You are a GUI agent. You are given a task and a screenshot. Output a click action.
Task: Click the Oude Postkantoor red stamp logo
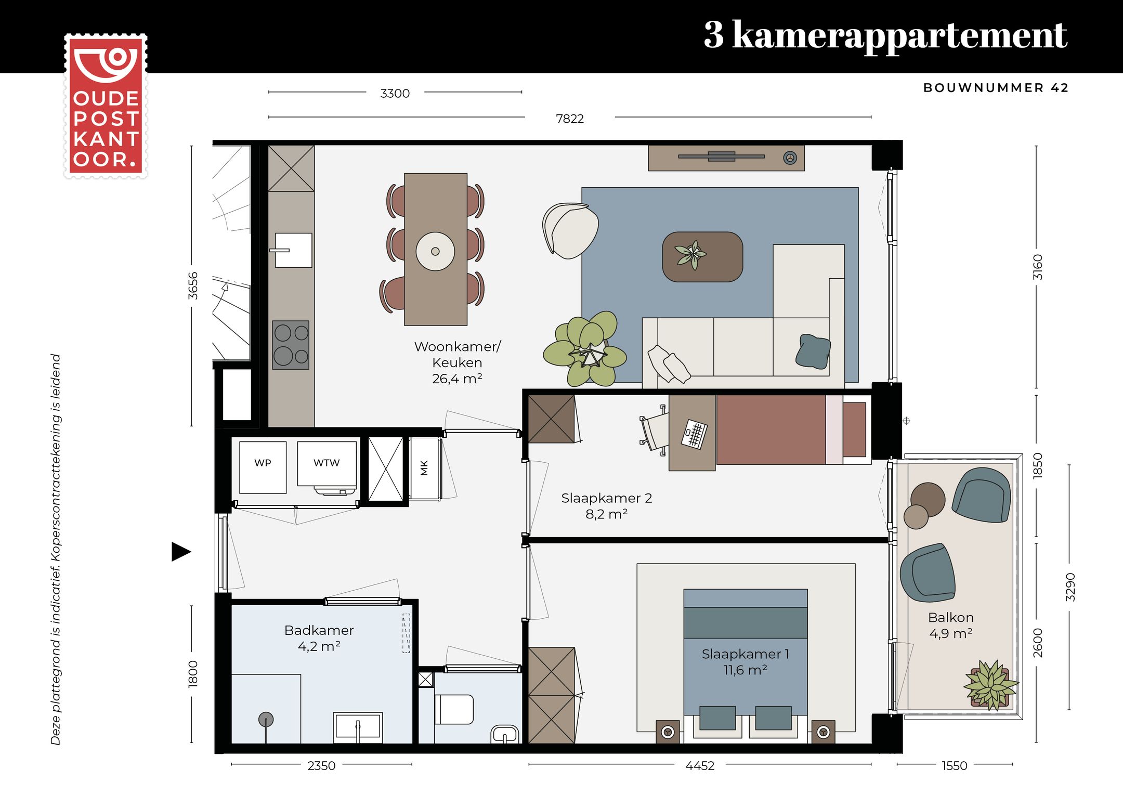pyautogui.click(x=106, y=106)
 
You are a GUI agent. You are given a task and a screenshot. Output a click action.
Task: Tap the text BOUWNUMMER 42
pyautogui.click(x=995, y=88)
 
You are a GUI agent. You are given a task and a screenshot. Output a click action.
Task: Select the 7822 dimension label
pyautogui.click(x=569, y=119)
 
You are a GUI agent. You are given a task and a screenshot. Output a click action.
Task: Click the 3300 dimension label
pyautogui.click(x=395, y=94)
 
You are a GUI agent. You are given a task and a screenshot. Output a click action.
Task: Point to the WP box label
pyautogui.click(x=263, y=463)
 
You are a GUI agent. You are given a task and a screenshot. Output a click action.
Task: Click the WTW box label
pyautogui.click(x=327, y=463)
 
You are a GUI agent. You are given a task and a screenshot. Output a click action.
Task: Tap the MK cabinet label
pyautogui.click(x=424, y=468)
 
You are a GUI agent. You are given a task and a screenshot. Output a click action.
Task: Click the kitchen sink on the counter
pyautogui.click(x=293, y=250)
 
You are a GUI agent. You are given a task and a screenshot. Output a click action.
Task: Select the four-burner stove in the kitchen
pyautogui.click(x=291, y=345)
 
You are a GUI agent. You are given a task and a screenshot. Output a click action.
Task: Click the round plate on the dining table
pyautogui.click(x=435, y=251)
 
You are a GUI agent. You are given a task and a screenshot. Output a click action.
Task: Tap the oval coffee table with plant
pyautogui.click(x=702, y=257)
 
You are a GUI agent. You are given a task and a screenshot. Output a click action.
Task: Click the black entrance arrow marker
pyautogui.click(x=180, y=552)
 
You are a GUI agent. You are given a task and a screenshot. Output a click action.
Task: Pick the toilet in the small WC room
pyautogui.click(x=454, y=710)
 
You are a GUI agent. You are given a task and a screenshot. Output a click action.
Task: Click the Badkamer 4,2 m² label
pyautogui.click(x=319, y=638)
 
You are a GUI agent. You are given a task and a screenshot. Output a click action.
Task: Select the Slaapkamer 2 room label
pyautogui.click(x=606, y=505)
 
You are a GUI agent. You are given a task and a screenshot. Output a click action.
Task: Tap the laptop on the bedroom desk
pyautogui.click(x=695, y=434)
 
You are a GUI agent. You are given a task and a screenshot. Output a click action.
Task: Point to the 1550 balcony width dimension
pyautogui.click(x=954, y=765)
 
